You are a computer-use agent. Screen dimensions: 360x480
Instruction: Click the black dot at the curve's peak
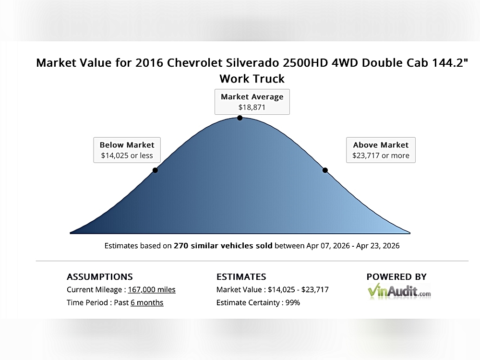(x=240, y=118)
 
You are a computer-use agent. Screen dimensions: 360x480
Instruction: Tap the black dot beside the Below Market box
(x=155, y=170)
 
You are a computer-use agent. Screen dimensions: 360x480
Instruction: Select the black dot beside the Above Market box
(x=325, y=170)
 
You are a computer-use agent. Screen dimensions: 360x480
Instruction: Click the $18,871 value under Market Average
(x=252, y=108)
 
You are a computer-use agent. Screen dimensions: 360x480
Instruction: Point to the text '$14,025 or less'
(x=127, y=156)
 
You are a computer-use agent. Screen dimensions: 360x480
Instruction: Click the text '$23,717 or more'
(x=381, y=156)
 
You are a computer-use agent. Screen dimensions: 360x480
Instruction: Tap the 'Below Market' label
(x=127, y=145)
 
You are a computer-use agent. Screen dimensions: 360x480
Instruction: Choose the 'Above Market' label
(x=381, y=145)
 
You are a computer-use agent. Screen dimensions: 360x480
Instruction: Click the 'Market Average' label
(x=252, y=96)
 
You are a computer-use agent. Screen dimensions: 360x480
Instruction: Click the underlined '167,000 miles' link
(x=152, y=289)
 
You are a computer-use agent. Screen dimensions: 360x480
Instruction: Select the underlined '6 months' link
(x=147, y=302)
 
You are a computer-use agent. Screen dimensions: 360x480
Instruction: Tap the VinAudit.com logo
(x=399, y=291)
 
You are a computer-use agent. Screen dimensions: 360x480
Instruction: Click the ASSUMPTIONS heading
(x=100, y=277)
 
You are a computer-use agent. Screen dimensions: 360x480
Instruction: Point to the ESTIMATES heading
(x=241, y=277)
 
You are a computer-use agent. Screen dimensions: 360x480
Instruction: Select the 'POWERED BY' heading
(x=396, y=277)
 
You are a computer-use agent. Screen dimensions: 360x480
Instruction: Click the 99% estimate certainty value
(x=292, y=302)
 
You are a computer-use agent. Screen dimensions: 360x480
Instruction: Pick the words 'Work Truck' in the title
(x=252, y=79)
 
